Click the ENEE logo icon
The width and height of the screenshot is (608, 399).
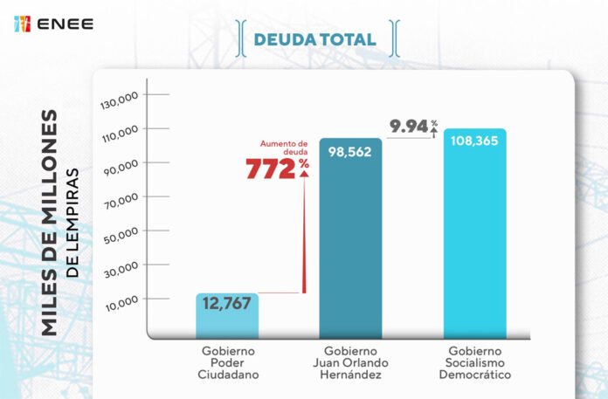point(23,24)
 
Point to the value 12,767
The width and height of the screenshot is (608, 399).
point(226,304)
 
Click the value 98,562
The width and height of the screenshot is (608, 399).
point(349,150)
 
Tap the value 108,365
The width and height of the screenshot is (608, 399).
point(474,140)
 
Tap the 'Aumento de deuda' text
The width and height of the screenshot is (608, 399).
point(285,148)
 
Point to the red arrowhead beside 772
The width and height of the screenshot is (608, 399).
point(304,173)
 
